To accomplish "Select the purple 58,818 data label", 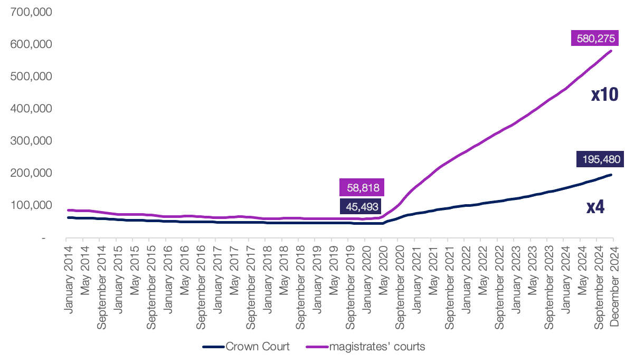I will pos(362,187).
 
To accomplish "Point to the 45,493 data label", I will pos(362,206).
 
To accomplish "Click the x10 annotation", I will pos(604,95).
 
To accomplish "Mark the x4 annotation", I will pos(595,207).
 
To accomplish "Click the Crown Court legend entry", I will pos(246,347).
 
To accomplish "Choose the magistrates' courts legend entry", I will pos(366,347).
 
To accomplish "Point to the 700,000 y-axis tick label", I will pos(31,12).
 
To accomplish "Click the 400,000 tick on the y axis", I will pos(31,109).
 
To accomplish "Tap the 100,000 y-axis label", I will pos(31,205).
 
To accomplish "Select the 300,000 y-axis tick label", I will pos(31,141).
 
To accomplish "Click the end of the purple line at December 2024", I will pos(611,51).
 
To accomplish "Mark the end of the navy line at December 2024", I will pos(611,175).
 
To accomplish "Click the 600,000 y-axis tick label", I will pos(31,44).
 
